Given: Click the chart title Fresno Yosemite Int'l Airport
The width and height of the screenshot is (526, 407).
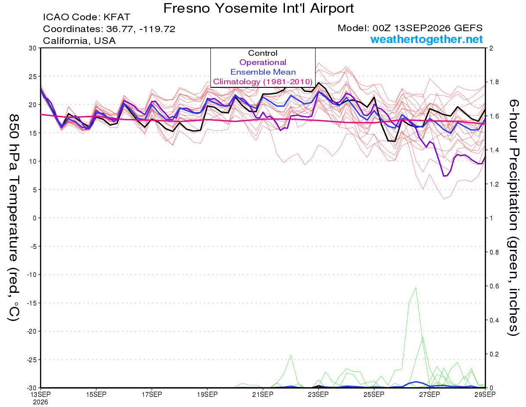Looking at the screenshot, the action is click(x=258, y=8).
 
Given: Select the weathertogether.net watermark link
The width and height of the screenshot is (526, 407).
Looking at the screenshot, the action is click(x=426, y=39).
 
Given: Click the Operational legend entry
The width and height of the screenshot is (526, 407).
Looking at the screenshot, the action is click(x=263, y=62).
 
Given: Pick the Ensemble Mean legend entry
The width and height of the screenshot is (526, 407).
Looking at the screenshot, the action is click(x=263, y=72).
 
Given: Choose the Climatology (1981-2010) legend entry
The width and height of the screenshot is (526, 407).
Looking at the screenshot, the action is click(x=263, y=82).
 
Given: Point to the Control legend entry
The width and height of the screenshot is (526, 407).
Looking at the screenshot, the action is click(x=263, y=53).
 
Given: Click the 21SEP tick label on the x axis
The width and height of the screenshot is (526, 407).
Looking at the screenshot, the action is click(x=263, y=394).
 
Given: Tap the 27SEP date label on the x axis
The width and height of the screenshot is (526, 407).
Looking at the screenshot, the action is click(x=430, y=394).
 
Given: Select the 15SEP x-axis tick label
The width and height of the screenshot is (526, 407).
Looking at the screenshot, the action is click(x=96, y=394).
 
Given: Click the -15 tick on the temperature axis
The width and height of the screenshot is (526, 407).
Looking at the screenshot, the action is click(x=32, y=303).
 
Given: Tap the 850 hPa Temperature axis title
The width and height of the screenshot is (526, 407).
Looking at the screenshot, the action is click(x=14, y=218).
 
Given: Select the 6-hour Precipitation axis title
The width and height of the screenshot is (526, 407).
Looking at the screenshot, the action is click(x=513, y=218).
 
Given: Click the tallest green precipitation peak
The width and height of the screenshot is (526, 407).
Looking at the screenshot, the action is click(x=416, y=288).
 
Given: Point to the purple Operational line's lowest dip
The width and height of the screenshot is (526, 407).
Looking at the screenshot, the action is click(x=444, y=176).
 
